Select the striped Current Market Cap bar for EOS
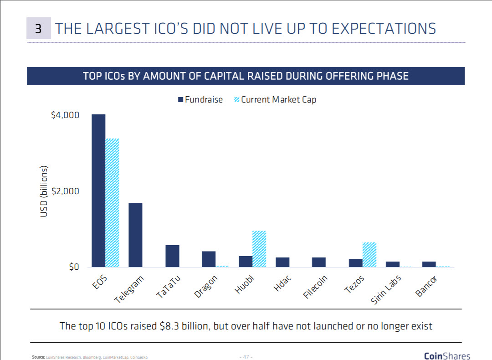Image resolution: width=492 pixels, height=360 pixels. pos(113,203)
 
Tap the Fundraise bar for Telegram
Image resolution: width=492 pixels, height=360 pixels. pos(135,235)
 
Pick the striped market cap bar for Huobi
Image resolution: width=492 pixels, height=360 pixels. pos(259,249)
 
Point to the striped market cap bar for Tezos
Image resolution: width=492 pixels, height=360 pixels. pos(369,255)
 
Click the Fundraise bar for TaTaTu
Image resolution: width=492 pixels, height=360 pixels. pos(172,256)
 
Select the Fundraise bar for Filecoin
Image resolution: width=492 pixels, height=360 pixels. pos(319,262)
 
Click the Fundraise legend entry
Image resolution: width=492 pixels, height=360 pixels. pos(200,99)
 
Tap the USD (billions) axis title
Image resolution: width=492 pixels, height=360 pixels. pos(44,191)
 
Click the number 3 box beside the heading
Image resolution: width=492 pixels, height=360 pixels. pos(39,29)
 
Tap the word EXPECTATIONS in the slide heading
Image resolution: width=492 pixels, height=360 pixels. pos(384,29)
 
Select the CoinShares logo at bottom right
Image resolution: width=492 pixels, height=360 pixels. pos(447,355)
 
